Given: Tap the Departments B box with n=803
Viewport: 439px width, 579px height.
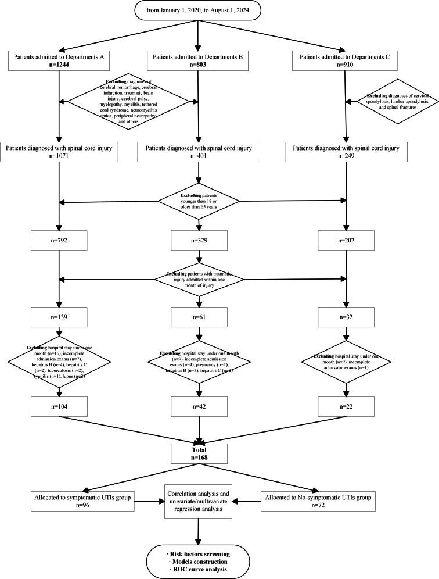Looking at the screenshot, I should [199, 62].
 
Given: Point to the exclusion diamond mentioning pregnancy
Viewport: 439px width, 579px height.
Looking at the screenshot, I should [199, 361].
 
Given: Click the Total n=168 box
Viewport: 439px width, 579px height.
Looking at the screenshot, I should [199, 453].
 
